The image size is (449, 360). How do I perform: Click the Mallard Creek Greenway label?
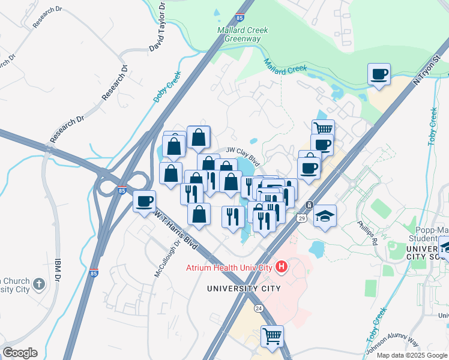tap(243, 34)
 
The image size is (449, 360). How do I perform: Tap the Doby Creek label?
tap(167, 88)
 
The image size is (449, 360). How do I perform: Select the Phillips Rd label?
tap(367, 232)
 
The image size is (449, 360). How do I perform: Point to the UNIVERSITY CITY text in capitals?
tap(244, 289)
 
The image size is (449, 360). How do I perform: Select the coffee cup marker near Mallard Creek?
tap(379, 75)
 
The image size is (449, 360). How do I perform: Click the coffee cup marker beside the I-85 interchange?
tap(144, 201)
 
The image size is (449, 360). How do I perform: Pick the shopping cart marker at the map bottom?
tap(272, 335)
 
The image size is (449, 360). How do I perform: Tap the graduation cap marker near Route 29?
tap(325, 215)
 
